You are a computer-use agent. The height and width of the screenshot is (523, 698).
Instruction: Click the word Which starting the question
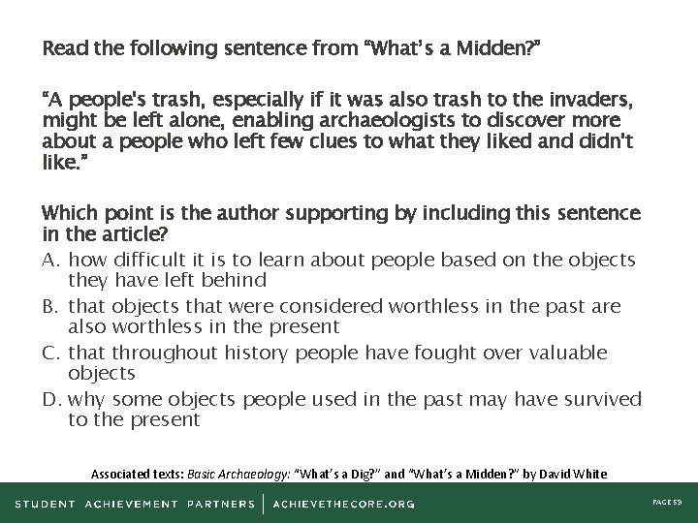[x=66, y=213]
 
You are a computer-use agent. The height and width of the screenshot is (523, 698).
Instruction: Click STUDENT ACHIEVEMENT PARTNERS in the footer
[x=136, y=504]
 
